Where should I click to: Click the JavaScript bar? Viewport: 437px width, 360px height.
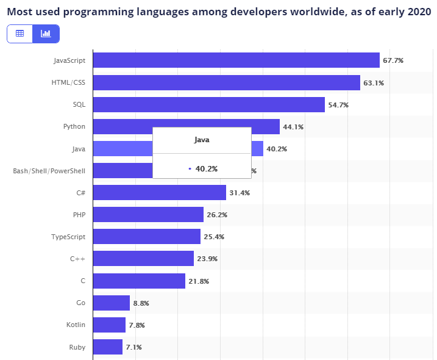[x=236, y=60]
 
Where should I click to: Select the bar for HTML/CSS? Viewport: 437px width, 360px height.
[x=226, y=82]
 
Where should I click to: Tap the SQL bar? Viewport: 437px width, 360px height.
[x=208, y=105]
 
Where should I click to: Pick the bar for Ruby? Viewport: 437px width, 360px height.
[x=108, y=347]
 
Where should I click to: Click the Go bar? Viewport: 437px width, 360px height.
[x=112, y=303]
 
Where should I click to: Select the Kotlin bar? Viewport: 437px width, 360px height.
[x=110, y=325]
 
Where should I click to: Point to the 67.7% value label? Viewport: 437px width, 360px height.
[x=393, y=60]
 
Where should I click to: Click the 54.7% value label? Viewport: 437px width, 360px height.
[x=338, y=105]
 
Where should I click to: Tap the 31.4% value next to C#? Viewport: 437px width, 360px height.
[x=240, y=193]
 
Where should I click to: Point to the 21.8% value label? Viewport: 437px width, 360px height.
[x=199, y=281]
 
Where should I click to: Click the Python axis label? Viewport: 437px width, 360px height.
[x=74, y=127]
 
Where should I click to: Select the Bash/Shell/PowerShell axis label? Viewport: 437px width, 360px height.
[x=49, y=171]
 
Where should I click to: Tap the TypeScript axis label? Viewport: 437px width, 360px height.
[x=68, y=237]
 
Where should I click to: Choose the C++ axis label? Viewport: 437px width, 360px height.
[x=77, y=259]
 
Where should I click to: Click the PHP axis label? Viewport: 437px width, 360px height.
[x=79, y=215]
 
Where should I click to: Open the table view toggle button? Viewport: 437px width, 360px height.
[x=20, y=34]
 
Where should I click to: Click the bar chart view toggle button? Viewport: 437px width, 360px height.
[x=46, y=34]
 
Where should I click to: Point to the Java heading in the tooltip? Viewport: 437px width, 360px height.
[x=202, y=140]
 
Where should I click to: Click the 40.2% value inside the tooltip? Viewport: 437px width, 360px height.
[x=206, y=168]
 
